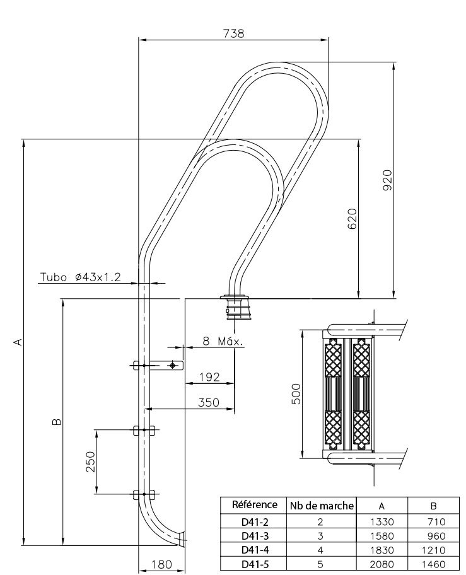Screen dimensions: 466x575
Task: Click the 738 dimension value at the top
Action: pyautogui.click(x=233, y=33)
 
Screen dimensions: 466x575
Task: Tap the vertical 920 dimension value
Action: pyautogui.click(x=387, y=180)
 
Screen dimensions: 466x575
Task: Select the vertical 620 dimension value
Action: pyautogui.click(x=352, y=219)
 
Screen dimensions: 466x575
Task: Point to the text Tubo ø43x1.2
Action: pyautogui.click(x=80, y=277)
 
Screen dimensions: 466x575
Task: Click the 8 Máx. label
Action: pyautogui.click(x=223, y=342)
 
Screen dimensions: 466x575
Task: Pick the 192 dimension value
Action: pyautogui.click(x=209, y=377)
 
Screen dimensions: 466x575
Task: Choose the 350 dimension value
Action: pyautogui.click(x=209, y=402)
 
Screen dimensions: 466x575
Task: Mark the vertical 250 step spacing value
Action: pyautogui.click(x=90, y=462)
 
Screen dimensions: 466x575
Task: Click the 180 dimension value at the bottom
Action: pyautogui.click(x=161, y=564)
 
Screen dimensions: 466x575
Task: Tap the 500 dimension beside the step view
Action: pyautogui.click(x=296, y=394)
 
